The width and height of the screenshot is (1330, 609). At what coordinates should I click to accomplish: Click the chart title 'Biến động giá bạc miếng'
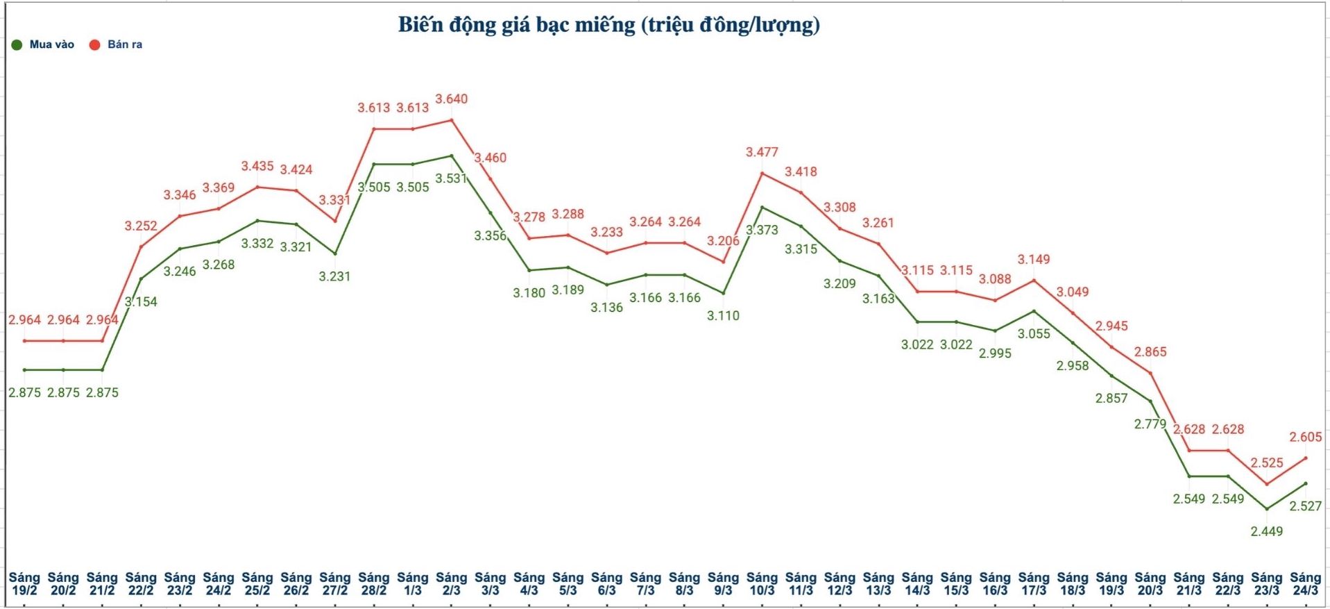point(608,25)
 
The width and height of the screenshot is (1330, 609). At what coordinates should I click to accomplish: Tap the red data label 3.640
point(451,99)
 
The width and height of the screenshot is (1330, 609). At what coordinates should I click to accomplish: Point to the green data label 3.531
point(451,178)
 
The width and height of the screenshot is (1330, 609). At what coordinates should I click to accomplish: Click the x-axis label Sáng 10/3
point(762,583)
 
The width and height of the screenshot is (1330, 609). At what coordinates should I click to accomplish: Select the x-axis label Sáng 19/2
point(24,583)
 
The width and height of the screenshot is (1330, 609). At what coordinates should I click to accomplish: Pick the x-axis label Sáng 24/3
point(1305,583)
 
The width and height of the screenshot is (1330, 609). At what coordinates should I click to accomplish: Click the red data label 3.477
point(762,152)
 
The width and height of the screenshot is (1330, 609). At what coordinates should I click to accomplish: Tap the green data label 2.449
point(1266,531)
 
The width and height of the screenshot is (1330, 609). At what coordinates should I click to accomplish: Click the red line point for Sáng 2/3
point(452,120)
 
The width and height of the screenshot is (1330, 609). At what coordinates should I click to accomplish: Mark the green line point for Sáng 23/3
point(1267,509)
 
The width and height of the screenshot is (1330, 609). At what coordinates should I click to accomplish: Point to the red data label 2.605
point(1305,437)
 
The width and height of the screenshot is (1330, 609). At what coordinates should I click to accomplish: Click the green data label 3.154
point(141,301)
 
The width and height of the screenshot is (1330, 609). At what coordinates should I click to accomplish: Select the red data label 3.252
point(141,226)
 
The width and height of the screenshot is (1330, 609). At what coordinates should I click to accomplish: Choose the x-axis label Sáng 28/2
point(373,583)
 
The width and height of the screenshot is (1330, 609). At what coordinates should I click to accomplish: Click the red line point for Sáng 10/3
point(762,173)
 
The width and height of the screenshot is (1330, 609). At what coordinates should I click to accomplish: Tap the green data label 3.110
point(723,315)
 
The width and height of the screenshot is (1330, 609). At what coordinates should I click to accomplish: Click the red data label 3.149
point(1034,259)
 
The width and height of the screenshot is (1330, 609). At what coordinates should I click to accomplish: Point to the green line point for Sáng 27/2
point(335,253)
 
